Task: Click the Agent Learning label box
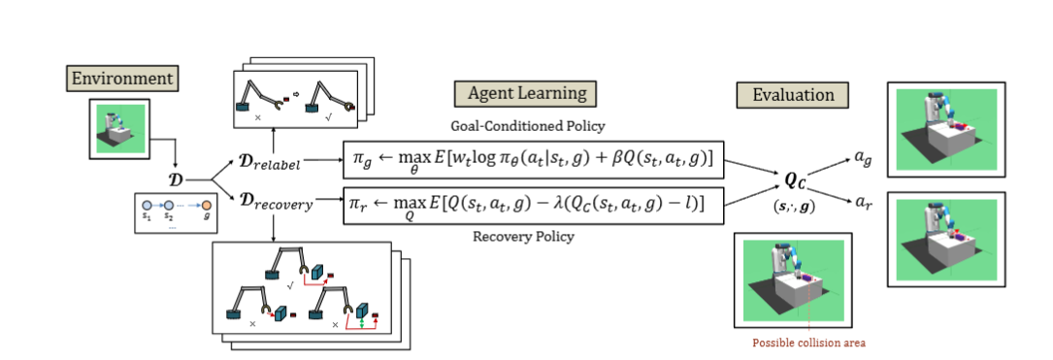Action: click(525, 94)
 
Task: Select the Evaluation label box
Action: click(793, 94)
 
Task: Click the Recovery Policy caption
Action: click(522, 236)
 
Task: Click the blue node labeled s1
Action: click(148, 207)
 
